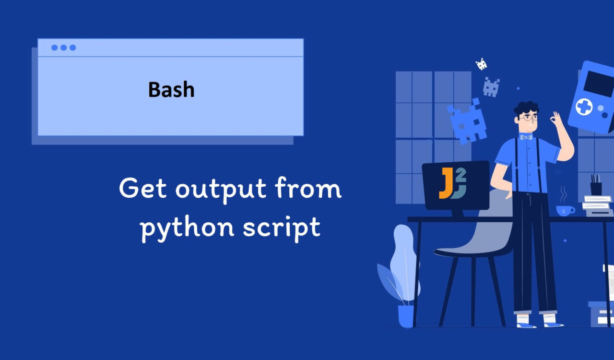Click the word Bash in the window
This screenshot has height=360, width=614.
(x=171, y=89)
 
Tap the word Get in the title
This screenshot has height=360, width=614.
(x=142, y=188)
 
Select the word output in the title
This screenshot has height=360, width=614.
(x=221, y=190)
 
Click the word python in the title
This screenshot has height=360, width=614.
(x=187, y=228)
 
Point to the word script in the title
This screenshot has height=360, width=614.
(x=282, y=228)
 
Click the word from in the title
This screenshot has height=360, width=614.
(x=308, y=188)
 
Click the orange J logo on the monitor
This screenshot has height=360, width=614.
(x=446, y=183)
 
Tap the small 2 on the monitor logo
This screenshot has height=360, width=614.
(x=461, y=175)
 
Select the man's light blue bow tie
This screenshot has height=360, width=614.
(x=526, y=137)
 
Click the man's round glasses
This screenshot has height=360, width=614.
(x=530, y=118)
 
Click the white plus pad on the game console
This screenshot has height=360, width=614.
(x=584, y=107)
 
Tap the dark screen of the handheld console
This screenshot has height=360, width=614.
(x=599, y=83)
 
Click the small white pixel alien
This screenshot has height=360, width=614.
(x=481, y=64)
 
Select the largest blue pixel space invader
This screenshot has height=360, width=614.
(x=467, y=121)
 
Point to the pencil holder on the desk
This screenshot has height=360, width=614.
(x=596, y=189)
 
